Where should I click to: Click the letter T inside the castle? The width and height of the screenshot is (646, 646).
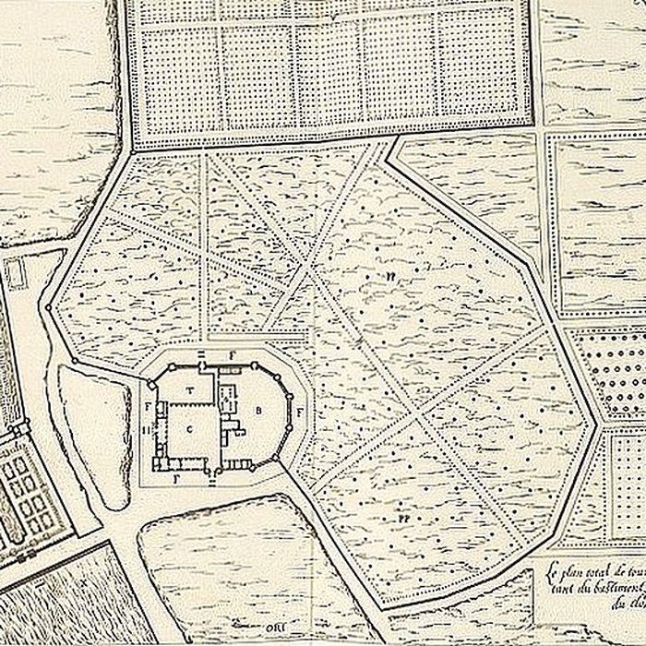191,390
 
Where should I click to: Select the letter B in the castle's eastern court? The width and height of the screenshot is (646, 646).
259,410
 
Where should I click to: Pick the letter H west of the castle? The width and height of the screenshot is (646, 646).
147,430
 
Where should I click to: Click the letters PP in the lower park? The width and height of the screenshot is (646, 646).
404,520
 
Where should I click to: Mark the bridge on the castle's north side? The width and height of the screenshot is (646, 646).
202,354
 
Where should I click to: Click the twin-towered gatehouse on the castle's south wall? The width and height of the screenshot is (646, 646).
215,473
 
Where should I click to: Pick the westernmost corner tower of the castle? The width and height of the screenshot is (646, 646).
154,382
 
